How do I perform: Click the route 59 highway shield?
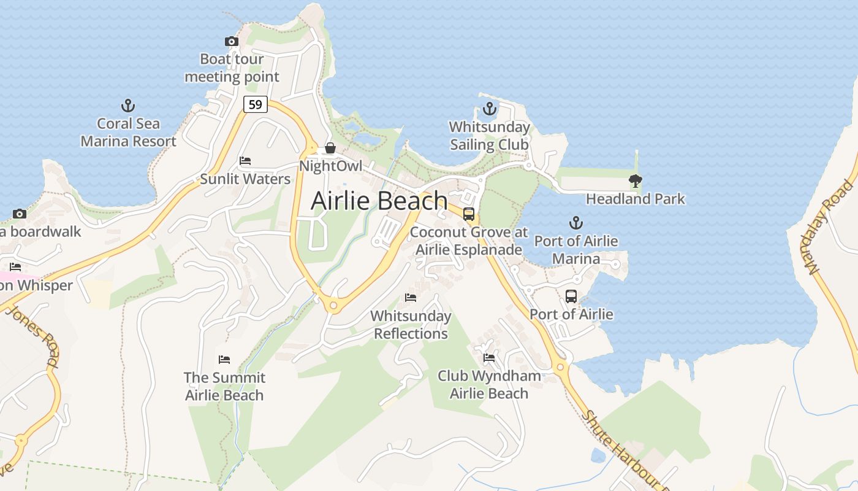(x=256, y=104)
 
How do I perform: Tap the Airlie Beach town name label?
(x=379, y=201)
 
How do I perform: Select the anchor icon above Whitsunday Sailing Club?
(x=489, y=109)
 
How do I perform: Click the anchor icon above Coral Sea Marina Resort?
(x=128, y=106)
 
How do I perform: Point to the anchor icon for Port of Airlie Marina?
(x=575, y=223)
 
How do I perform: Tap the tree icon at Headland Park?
(x=636, y=181)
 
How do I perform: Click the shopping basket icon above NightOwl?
(x=330, y=148)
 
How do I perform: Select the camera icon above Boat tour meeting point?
(x=232, y=41)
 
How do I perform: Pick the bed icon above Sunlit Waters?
(x=245, y=161)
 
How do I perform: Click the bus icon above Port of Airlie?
(x=571, y=296)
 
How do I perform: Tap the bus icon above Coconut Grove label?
(x=469, y=214)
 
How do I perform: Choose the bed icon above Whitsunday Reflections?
(x=411, y=298)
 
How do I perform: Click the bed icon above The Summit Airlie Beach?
(x=224, y=359)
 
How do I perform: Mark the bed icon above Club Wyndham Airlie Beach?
(x=489, y=357)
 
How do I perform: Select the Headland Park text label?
(x=636, y=199)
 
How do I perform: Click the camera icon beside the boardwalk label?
(x=20, y=214)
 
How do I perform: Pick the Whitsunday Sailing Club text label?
(x=489, y=136)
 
